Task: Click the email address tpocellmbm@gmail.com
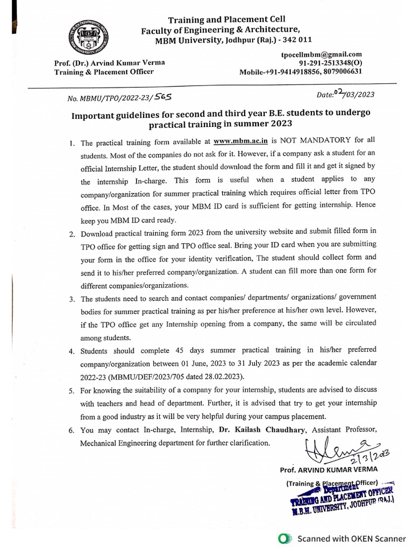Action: [321, 54]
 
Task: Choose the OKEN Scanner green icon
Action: [285, 538]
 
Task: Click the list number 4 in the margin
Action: [71, 351]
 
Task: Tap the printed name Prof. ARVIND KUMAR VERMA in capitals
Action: [329, 470]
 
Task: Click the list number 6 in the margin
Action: [71, 430]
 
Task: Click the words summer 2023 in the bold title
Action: [264, 124]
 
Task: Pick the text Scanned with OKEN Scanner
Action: [352, 538]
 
